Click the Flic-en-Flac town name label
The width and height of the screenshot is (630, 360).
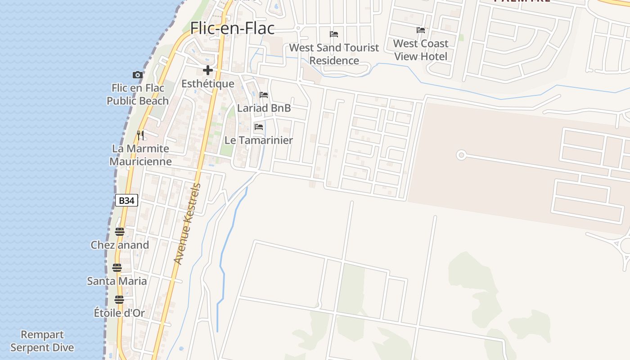click(232, 28)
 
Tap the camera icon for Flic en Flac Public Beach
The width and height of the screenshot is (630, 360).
click(138, 75)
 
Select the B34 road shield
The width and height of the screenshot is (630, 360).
click(126, 200)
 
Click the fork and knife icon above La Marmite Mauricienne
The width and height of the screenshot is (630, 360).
click(140, 135)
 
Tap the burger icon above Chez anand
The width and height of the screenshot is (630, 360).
click(119, 232)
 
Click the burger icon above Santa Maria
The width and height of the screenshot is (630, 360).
click(117, 268)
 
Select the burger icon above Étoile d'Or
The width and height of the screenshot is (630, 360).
click(119, 299)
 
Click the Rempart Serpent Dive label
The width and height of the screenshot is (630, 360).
click(42, 341)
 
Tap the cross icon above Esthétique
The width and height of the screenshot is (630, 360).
click(207, 70)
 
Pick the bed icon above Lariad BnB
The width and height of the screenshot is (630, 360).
click(264, 95)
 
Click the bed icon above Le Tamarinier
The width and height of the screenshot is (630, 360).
click(259, 127)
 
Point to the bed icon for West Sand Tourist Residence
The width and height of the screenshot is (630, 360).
click(334, 34)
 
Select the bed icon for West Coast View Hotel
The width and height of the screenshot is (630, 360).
click(421, 30)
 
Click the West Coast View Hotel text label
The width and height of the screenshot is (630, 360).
click(421, 50)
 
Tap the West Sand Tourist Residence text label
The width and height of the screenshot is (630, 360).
click(334, 54)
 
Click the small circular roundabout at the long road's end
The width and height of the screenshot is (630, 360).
click(461, 155)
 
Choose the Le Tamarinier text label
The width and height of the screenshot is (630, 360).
click(259, 140)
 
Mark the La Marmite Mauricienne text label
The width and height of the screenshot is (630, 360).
click(140, 155)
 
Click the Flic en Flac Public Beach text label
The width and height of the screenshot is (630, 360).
click(138, 94)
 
